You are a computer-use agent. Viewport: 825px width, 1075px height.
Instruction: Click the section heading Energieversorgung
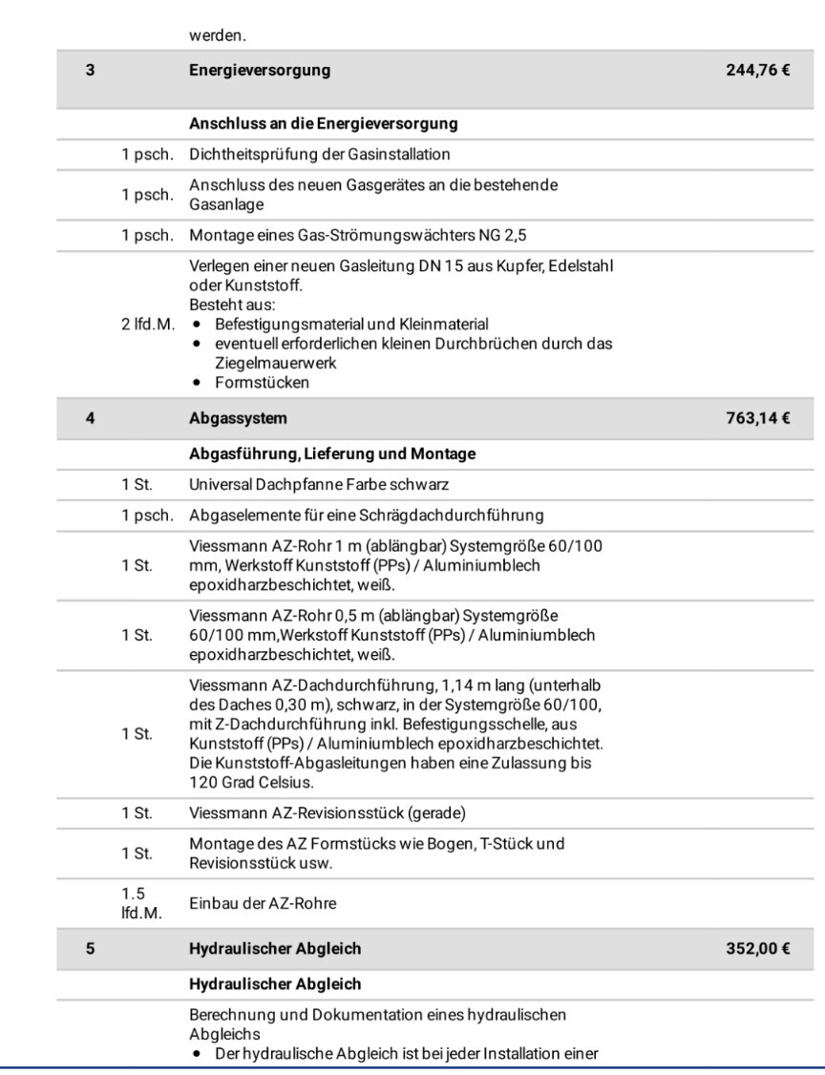[251, 70]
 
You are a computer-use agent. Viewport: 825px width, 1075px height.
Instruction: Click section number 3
[86, 70]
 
